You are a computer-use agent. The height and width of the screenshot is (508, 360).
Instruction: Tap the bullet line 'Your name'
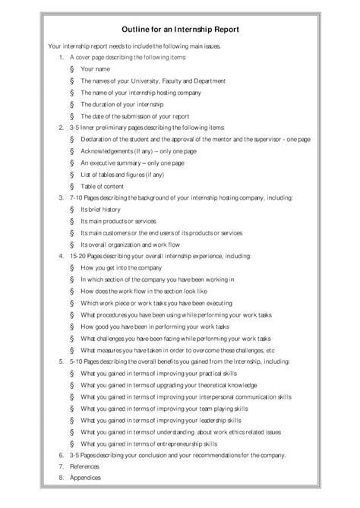(x=95, y=69)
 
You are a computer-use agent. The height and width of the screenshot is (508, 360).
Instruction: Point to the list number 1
(x=61, y=58)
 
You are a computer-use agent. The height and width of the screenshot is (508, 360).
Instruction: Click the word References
(x=84, y=466)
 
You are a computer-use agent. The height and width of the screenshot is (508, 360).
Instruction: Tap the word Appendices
(x=84, y=478)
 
